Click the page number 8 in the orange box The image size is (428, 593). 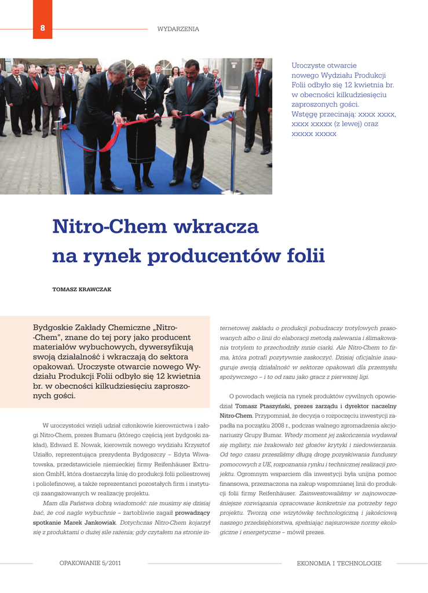coord(42,29)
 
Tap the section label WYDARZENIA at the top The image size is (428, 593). coord(178,29)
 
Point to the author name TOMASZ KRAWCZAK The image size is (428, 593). coord(82,289)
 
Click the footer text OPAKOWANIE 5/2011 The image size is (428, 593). coord(90,563)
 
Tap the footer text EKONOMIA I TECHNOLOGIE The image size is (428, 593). coord(339,563)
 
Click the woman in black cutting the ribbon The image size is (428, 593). coord(142,125)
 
